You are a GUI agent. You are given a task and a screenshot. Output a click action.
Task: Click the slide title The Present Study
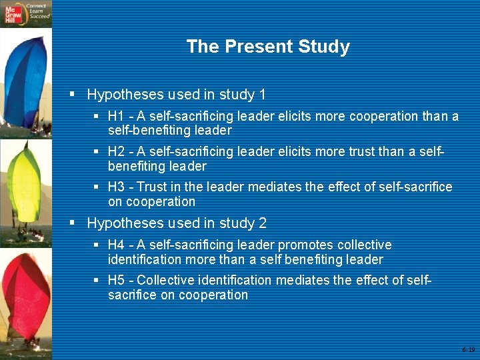tap(268, 47)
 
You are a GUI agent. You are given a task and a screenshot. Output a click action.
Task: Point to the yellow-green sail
tap(25, 183)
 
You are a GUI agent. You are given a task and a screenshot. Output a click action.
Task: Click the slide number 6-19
tap(468, 349)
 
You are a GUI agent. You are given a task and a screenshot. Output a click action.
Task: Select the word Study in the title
tap(326, 47)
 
